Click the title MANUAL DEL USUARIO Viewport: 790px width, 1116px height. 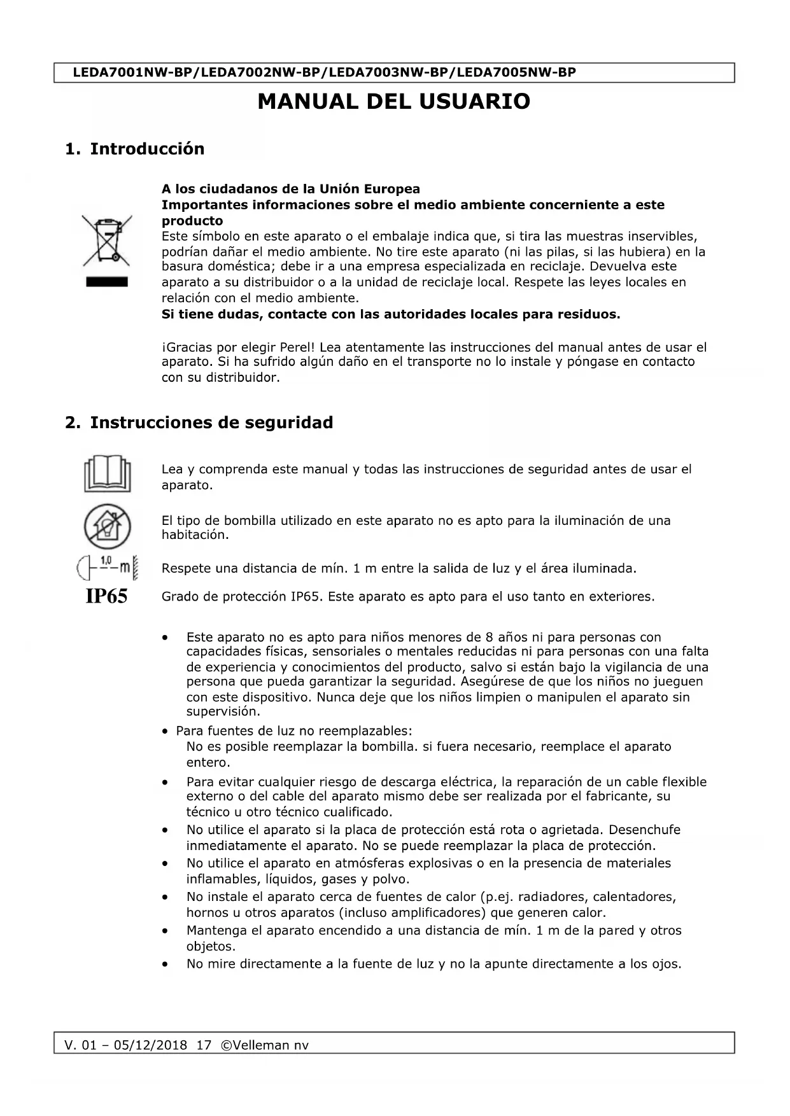point(393,102)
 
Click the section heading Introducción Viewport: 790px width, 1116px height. point(147,149)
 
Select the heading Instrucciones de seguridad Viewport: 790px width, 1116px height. point(211,422)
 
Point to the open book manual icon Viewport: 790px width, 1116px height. point(107,473)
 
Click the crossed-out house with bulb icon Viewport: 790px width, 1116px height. point(107,527)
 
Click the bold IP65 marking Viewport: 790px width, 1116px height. point(106,596)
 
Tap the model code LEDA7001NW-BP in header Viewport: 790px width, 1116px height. point(132,73)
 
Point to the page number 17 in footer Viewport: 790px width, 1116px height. point(204,1045)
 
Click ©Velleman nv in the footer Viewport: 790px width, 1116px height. point(264,1045)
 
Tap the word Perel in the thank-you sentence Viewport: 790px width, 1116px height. point(296,347)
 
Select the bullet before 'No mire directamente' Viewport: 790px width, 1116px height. point(166,965)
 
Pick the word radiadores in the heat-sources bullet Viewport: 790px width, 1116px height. point(552,897)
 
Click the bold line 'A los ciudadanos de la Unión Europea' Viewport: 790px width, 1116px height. point(291,189)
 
